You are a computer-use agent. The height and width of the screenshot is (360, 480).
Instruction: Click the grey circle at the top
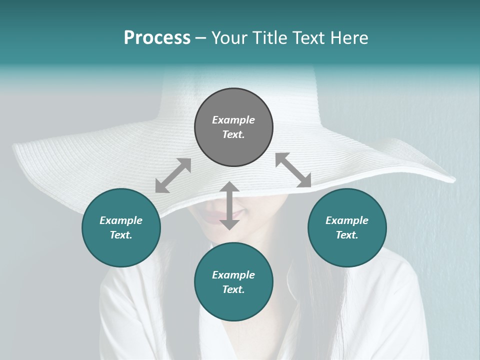tap(233, 127)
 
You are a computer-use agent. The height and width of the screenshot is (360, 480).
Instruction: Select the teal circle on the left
tap(121, 227)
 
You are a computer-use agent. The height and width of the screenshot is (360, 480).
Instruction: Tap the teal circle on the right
tap(347, 227)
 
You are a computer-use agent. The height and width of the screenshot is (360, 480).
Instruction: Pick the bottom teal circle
tap(233, 282)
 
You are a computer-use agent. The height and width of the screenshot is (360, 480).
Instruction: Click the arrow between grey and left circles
tap(173, 175)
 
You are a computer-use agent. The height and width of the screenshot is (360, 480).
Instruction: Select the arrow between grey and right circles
tap(293, 170)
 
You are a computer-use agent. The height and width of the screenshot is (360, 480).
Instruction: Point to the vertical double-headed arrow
tap(229, 205)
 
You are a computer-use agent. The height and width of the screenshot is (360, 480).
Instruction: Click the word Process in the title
tap(157, 37)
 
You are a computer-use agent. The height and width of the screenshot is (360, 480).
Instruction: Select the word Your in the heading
tap(229, 37)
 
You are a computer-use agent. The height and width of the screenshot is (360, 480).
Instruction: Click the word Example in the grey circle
tap(233, 120)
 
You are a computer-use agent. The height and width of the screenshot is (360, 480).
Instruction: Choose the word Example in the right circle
tap(347, 220)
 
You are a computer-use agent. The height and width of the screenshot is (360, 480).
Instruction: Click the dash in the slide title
tap(201, 38)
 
